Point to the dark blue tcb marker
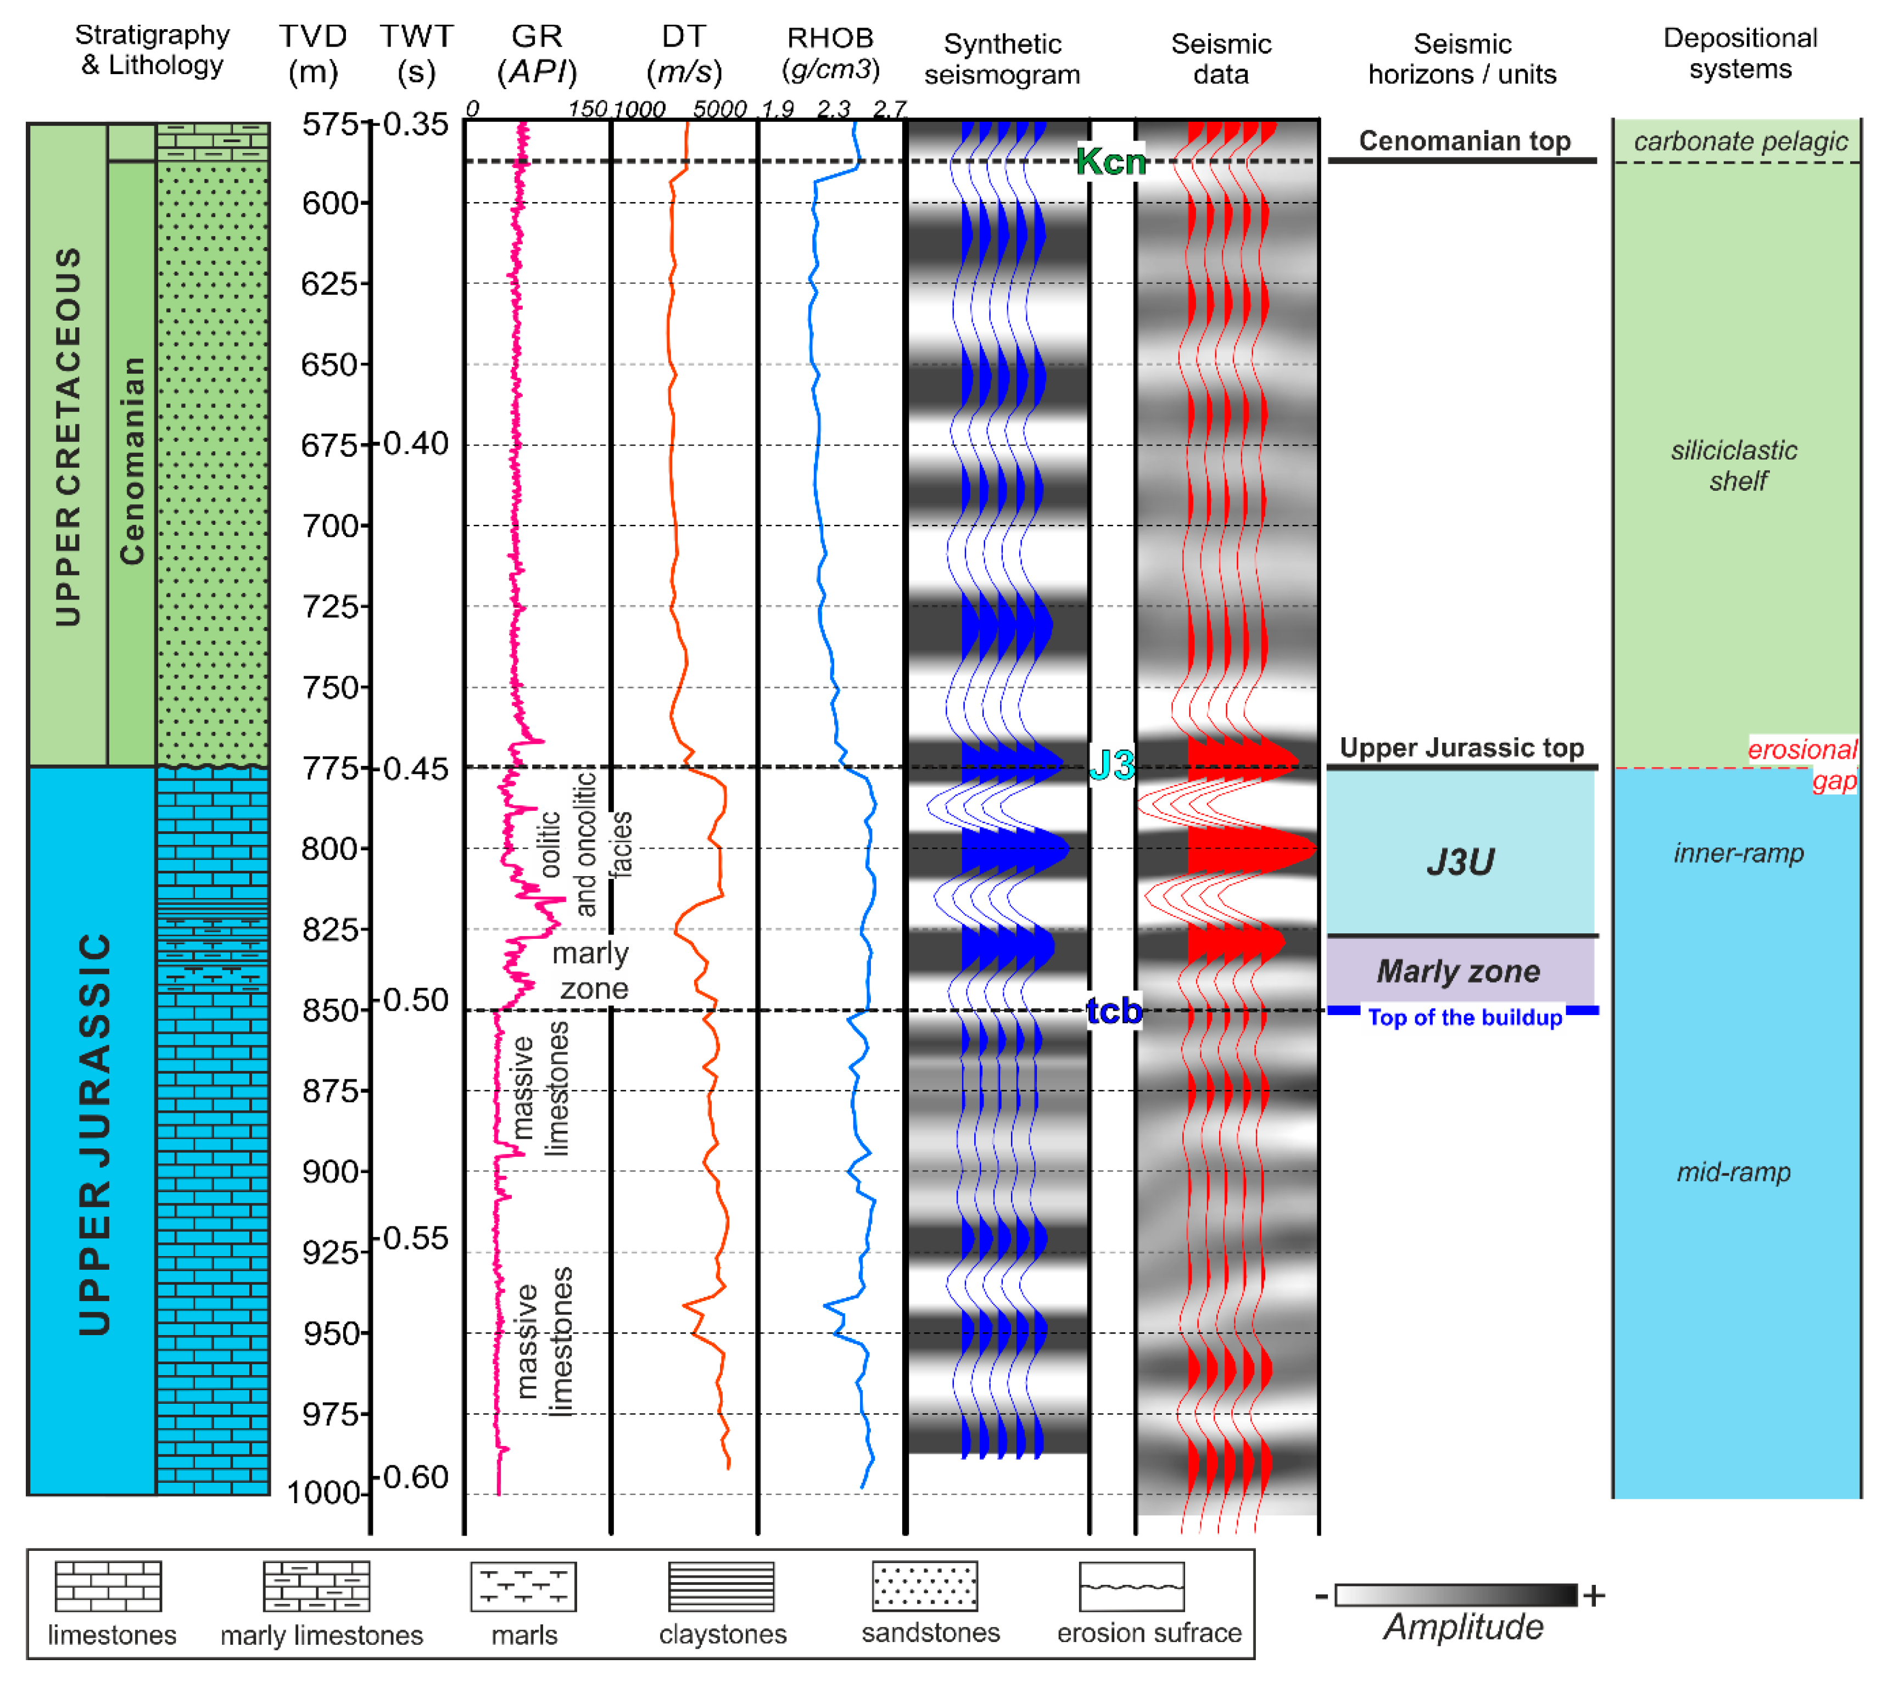[x=1114, y=1011]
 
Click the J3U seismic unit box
[x=1460, y=861]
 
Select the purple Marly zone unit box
[x=1460, y=971]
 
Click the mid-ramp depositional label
[x=1734, y=1172]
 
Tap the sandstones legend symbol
[x=925, y=1587]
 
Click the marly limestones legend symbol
[x=317, y=1587]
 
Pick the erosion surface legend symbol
[x=1131, y=1587]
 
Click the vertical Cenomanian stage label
[x=132, y=460]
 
